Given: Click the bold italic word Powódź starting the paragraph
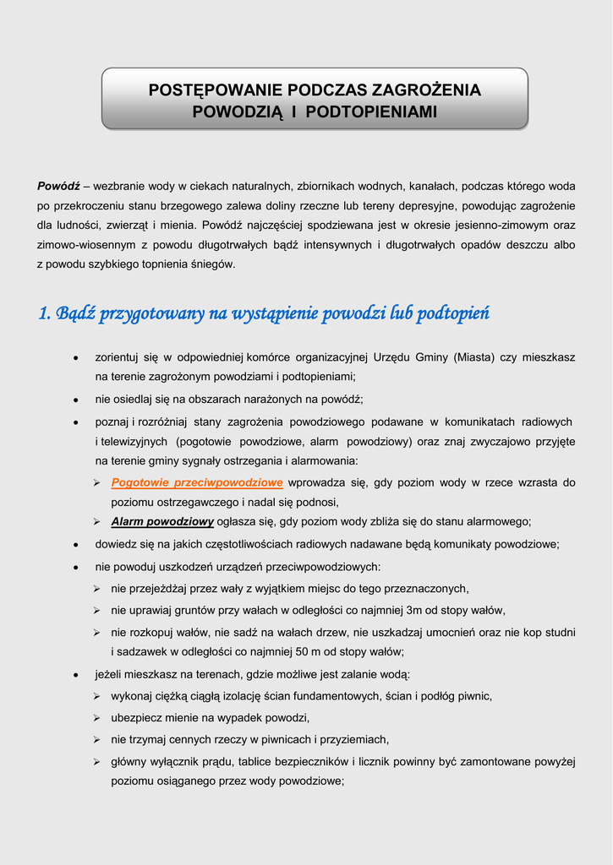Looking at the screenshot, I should pyautogui.click(x=58, y=185).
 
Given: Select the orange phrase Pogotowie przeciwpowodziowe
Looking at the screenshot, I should pyautogui.click(x=197, y=482).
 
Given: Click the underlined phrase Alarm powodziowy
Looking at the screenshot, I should pyautogui.click(x=162, y=521).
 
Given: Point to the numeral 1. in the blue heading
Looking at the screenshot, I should pyautogui.click(x=45, y=314).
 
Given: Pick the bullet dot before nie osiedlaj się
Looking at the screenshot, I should pyautogui.click(x=76, y=400).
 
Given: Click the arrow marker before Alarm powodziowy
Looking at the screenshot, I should pyautogui.click(x=97, y=521).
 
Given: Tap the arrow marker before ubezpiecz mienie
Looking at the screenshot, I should pyautogui.click(x=97, y=718).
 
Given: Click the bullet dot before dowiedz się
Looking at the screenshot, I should pyautogui.click(x=76, y=545).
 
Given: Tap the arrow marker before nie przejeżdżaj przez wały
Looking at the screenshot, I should pyautogui.click(x=97, y=588).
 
